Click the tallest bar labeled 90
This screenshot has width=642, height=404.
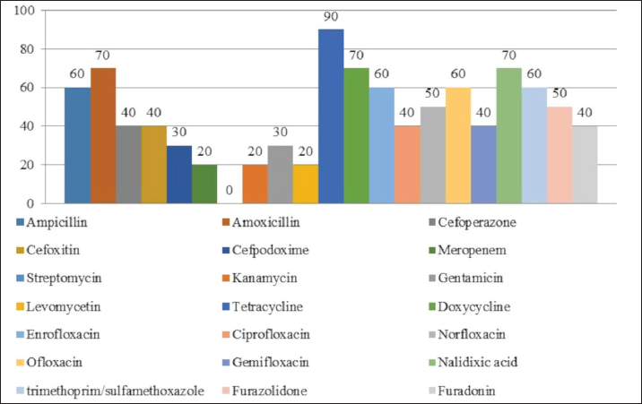[331, 116]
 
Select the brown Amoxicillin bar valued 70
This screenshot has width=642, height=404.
[102, 134]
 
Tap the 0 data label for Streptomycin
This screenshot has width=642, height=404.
[230, 191]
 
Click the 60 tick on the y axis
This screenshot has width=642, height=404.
[25, 88]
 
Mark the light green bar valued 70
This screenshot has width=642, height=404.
[508, 134]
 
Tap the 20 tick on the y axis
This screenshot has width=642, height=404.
[25, 165]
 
